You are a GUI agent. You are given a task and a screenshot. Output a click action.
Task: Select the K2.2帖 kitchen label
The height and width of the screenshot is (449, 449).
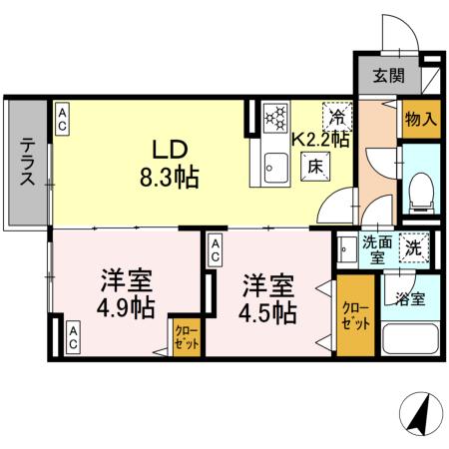coord(319,141)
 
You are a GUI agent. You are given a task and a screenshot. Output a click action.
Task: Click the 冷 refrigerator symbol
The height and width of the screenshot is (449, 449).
coord(337,117)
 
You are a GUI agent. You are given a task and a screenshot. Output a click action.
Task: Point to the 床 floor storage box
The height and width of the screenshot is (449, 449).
coord(313,167)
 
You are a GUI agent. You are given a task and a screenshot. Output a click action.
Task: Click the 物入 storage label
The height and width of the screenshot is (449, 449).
coord(420,120)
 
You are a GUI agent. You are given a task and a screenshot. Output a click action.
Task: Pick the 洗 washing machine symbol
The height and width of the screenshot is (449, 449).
coord(412,244)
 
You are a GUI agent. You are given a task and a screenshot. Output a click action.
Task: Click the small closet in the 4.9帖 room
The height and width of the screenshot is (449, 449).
coord(187,336)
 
